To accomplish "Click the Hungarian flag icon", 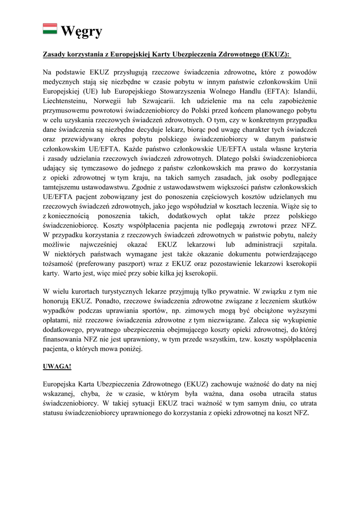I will pyautogui.click(x=50, y=30).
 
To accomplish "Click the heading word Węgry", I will pyautogui.click(x=81, y=31).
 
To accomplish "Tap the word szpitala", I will pyautogui.click(x=304, y=244).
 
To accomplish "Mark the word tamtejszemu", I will pyautogui.click(x=63, y=187).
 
